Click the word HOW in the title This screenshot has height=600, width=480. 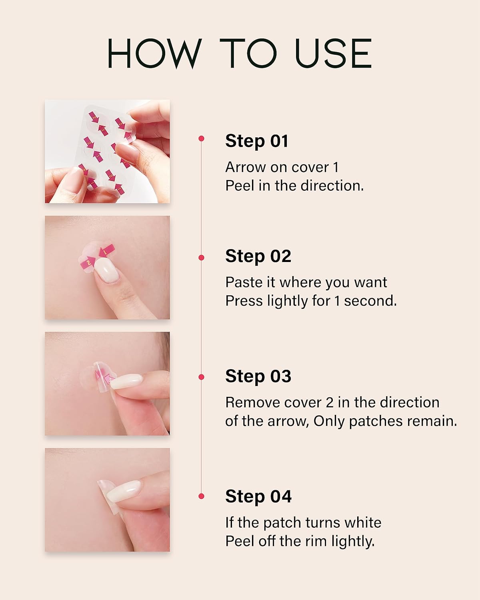tap(154, 53)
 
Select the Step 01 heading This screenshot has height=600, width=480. tap(256, 141)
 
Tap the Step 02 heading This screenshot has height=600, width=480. tap(258, 256)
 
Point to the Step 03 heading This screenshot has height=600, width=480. tap(258, 376)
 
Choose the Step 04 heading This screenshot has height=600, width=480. tap(258, 496)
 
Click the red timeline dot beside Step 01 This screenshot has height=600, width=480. tap(201, 138)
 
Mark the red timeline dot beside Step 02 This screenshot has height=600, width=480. tap(201, 258)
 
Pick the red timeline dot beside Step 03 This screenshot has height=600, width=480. tap(201, 377)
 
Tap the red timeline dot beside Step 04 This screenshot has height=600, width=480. tap(201, 496)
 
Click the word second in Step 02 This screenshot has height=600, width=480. tap(370, 301)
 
